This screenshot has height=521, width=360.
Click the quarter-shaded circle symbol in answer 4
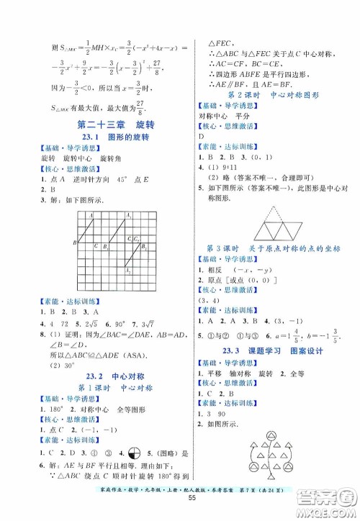pyautogui.click(x=133, y=453)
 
